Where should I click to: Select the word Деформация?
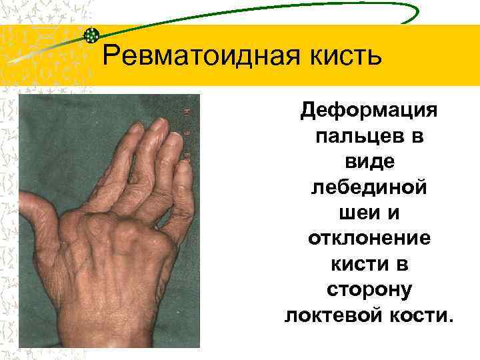(x=368, y=109)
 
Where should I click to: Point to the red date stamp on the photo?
(x=188, y=133)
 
